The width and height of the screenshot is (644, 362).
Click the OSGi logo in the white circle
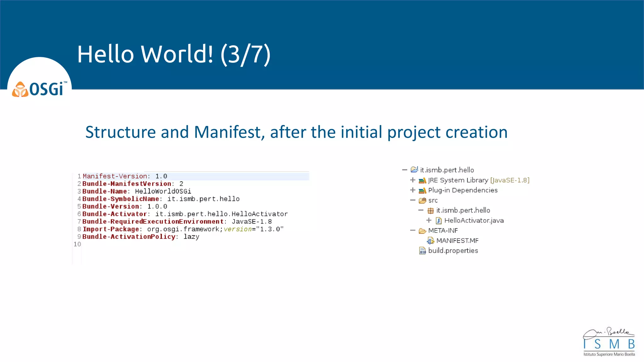click(x=39, y=89)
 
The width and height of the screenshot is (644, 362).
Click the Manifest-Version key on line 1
click(x=115, y=176)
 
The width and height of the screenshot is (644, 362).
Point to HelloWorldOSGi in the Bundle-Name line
click(x=163, y=191)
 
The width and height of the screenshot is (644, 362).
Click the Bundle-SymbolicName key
click(x=120, y=199)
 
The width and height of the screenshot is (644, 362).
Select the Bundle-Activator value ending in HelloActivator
click(x=221, y=214)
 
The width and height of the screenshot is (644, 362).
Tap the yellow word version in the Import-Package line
click(x=238, y=229)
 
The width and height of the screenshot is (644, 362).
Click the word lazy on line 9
click(x=191, y=237)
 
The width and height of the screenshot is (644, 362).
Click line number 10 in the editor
click(x=77, y=244)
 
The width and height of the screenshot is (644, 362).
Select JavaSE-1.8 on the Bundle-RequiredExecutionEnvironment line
click(x=252, y=222)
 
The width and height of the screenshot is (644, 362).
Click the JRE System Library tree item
click(x=458, y=180)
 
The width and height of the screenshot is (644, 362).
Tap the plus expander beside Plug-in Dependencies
click(x=413, y=190)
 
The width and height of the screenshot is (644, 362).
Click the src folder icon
click(x=423, y=200)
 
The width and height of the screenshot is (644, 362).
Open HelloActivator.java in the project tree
click(x=474, y=220)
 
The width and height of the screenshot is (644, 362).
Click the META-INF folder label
click(x=443, y=230)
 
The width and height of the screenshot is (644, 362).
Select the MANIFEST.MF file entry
click(x=457, y=240)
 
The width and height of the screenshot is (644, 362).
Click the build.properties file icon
click(x=422, y=250)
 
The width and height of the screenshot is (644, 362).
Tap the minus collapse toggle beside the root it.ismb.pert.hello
click(x=405, y=170)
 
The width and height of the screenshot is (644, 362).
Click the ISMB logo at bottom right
click(x=609, y=343)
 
